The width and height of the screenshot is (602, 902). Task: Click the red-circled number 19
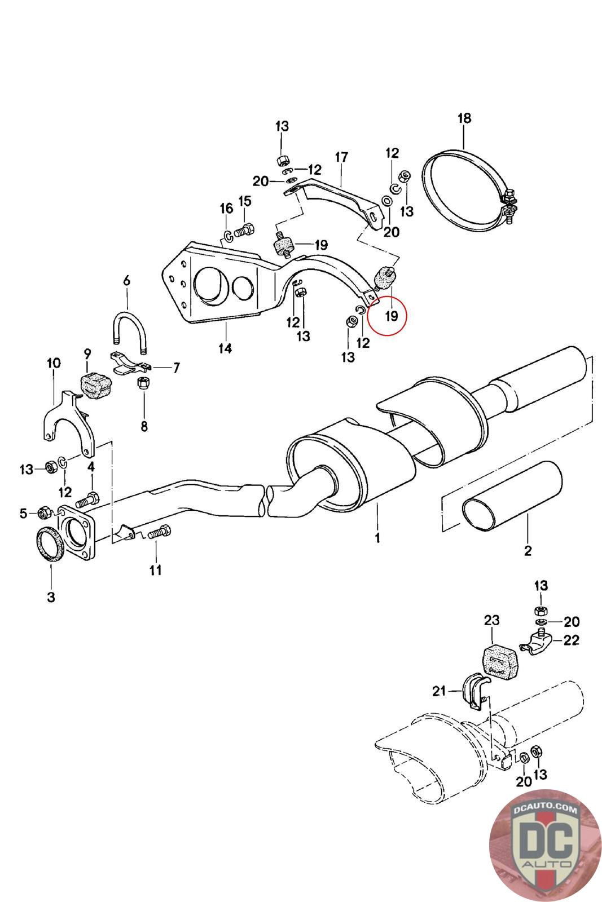pyautogui.click(x=391, y=316)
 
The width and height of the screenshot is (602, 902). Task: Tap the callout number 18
pyautogui.click(x=464, y=118)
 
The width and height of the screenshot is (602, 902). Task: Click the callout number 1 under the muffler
pyautogui.click(x=377, y=537)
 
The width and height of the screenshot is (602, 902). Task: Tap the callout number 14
pyautogui.click(x=225, y=348)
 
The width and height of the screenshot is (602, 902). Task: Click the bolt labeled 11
pyautogui.click(x=159, y=533)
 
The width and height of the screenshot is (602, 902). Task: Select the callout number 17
pyautogui.click(x=341, y=157)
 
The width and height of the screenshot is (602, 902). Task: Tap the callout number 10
pyautogui.click(x=54, y=363)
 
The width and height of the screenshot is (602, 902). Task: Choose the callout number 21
pyautogui.click(x=439, y=691)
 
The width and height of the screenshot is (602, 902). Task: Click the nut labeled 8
pyautogui.click(x=144, y=384)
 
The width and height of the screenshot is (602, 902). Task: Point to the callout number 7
pyautogui.click(x=176, y=368)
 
